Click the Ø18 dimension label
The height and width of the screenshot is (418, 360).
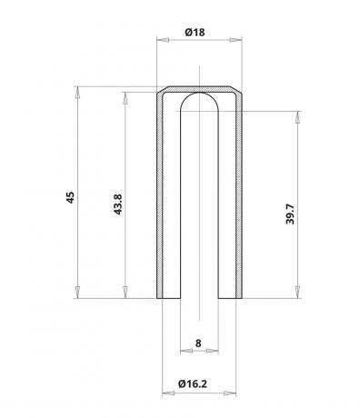(x=195, y=32)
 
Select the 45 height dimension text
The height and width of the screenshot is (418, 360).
(x=70, y=197)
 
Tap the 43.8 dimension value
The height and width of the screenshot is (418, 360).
(x=117, y=204)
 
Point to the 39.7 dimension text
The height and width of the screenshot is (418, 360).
(x=290, y=214)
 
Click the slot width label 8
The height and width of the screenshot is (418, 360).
(x=198, y=343)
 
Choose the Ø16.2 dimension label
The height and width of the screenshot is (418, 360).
(x=193, y=383)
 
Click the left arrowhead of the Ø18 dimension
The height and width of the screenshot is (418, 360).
(x=163, y=40)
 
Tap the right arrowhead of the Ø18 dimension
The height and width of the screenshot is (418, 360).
(x=235, y=40)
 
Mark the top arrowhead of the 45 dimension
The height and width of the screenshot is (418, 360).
(x=77, y=93)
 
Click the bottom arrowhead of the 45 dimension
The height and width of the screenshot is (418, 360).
(x=77, y=293)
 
